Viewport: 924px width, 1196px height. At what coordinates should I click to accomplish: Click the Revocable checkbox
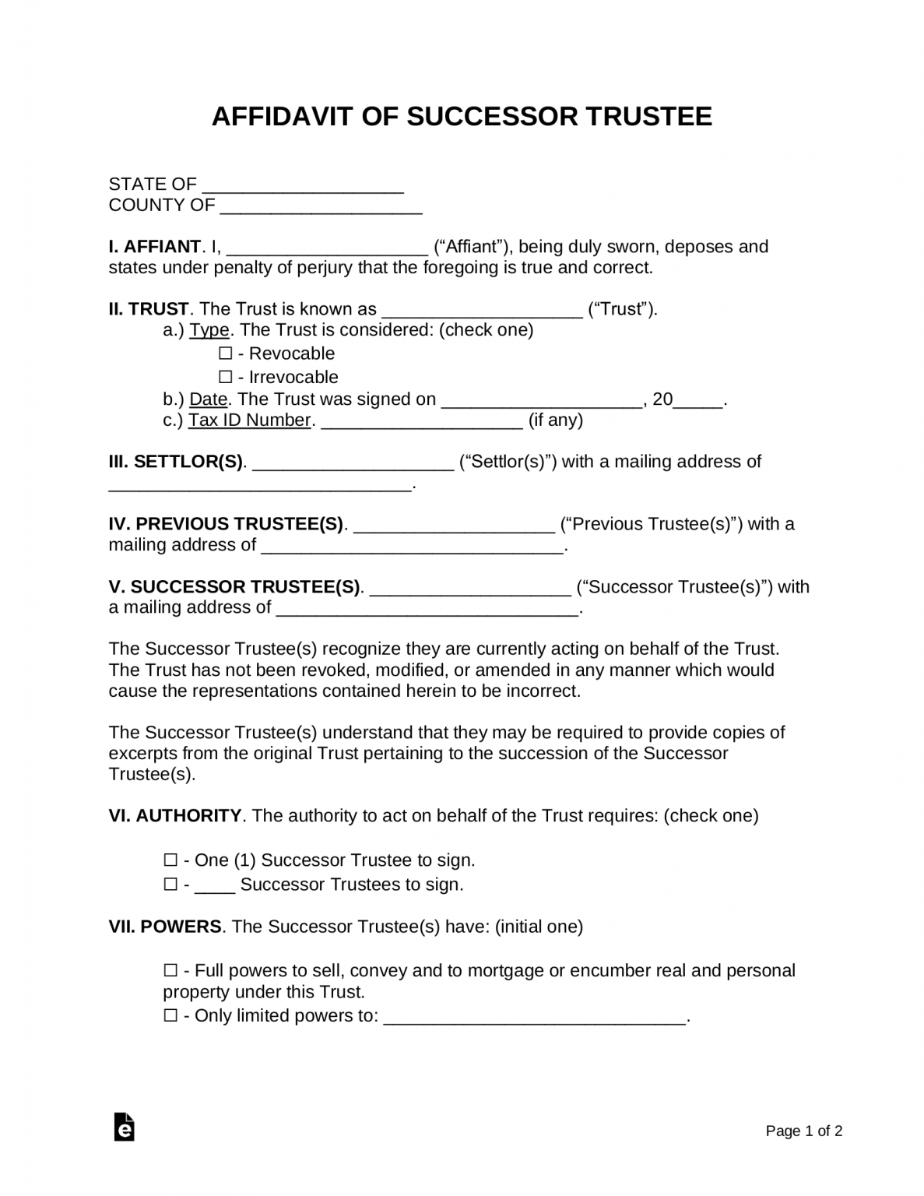pos(226,354)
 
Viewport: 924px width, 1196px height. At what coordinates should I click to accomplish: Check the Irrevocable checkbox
pos(226,378)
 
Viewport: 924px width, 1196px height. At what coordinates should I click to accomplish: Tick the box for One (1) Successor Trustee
pos(170,860)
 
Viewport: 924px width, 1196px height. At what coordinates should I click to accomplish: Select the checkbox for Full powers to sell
pos(170,971)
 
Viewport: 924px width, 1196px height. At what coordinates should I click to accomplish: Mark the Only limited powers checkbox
pos(170,1016)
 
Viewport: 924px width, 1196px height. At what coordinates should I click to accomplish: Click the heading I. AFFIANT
pos(154,247)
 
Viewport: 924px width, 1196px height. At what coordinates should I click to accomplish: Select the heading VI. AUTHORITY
pos(175,816)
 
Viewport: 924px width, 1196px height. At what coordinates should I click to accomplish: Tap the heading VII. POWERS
pos(165,927)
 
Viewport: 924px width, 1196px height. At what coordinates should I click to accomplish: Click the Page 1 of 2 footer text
pos(804,1131)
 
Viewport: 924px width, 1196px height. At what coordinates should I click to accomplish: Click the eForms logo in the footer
pos(124,1127)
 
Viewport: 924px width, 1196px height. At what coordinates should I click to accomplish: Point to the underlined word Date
pos(209,399)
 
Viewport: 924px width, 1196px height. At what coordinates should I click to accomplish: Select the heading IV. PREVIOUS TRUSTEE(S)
pos(226,524)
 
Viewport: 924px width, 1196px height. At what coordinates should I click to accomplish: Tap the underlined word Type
pos(209,330)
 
